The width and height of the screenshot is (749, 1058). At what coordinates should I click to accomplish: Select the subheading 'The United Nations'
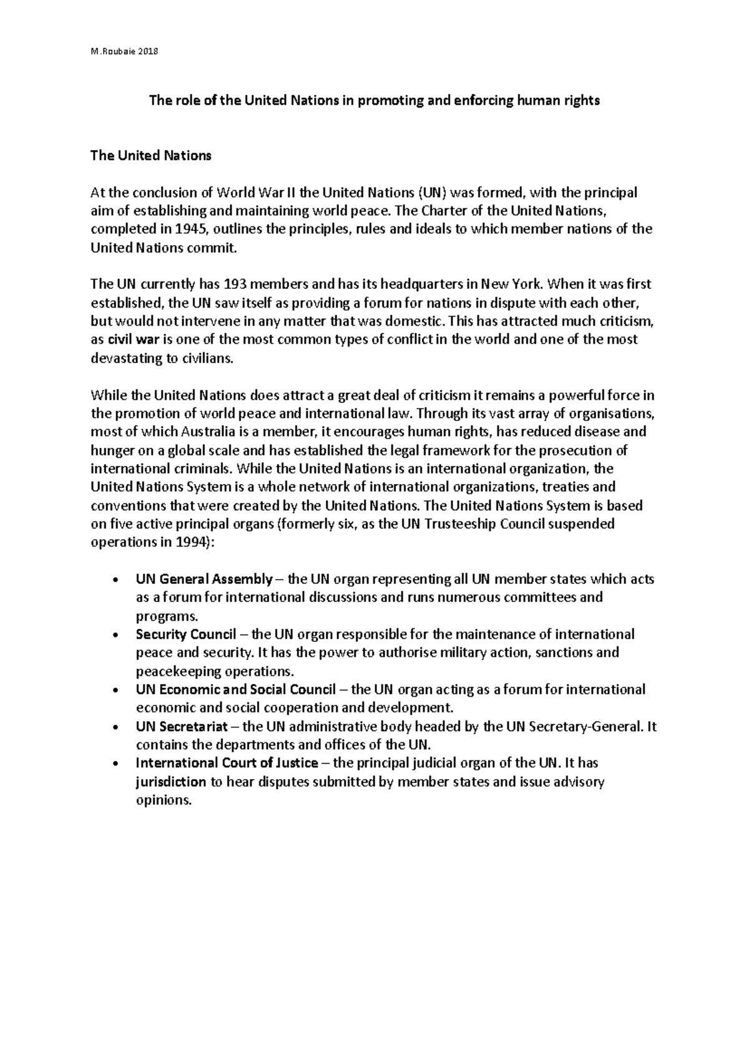click(151, 156)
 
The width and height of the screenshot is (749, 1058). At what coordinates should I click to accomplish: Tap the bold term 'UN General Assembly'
click(203, 579)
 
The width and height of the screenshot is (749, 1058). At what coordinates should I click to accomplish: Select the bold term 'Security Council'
click(185, 634)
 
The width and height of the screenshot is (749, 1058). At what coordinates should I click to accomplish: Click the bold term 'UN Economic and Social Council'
click(235, 689)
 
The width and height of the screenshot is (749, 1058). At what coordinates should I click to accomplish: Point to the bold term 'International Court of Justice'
click(227, 763)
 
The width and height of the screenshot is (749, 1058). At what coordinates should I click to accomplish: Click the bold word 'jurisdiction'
click(170, 782)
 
